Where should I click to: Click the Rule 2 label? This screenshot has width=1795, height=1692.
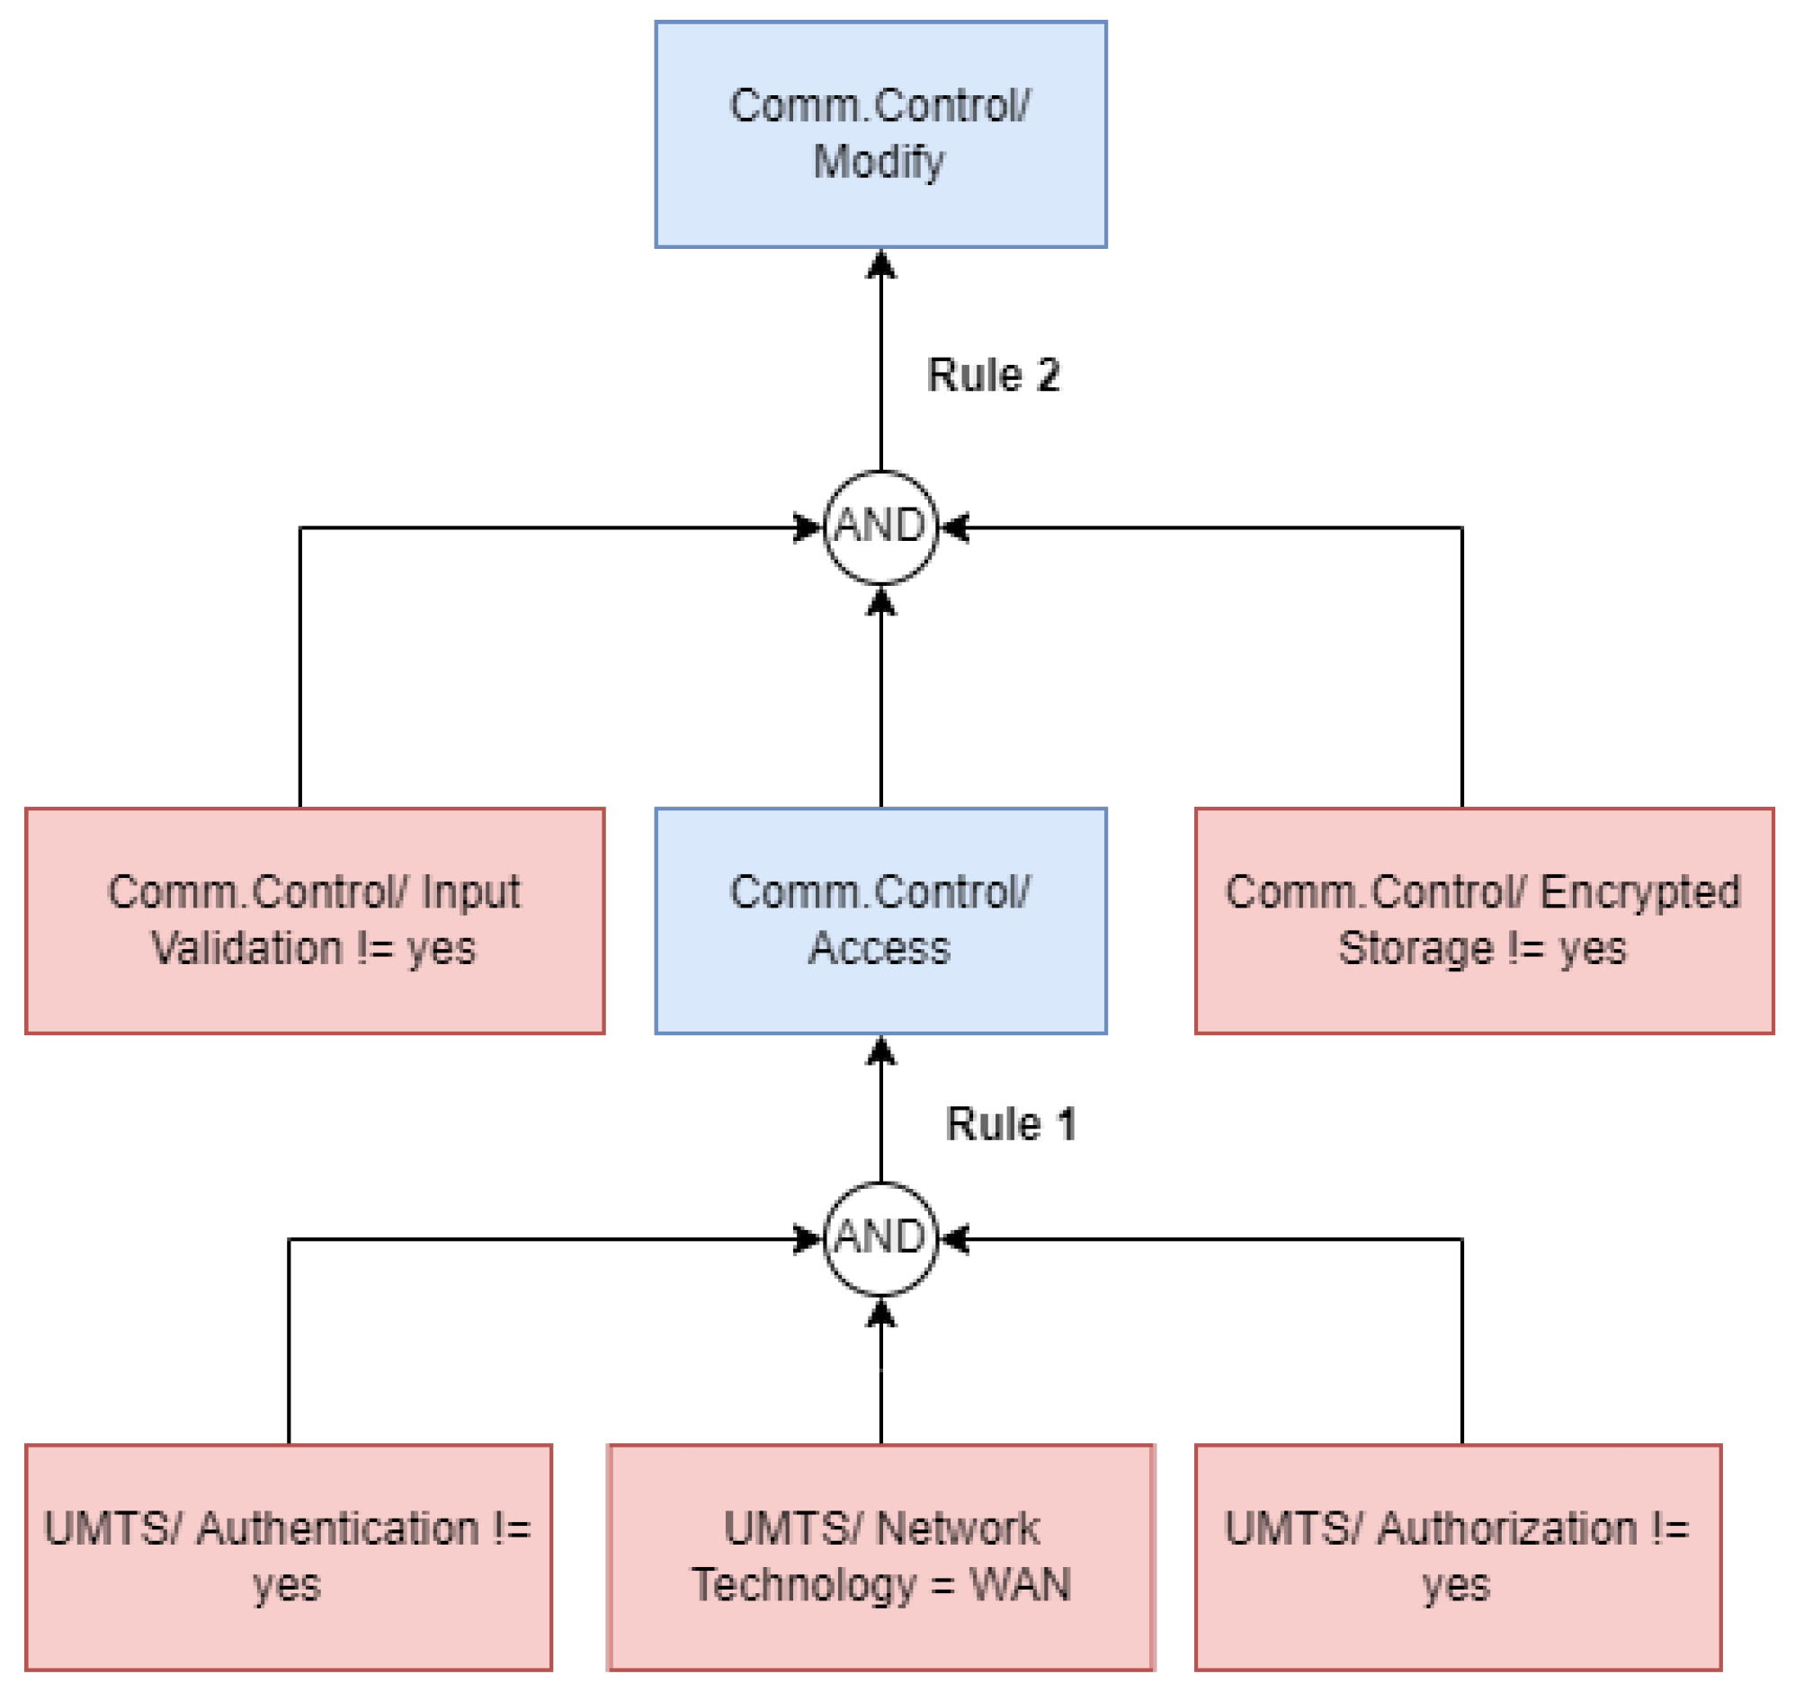tap(992, 375)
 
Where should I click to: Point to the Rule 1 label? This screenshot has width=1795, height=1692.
tap(1011, 1124)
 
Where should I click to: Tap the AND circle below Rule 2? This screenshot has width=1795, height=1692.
tap(880, 527)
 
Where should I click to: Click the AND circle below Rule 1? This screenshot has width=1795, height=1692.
tap(880, 1238)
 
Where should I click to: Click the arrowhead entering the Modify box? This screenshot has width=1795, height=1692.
tap(880, 263)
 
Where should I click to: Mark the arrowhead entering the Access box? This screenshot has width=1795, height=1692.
tap(880, 1050)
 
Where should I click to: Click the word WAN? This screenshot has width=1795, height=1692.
tap(1020, 1585)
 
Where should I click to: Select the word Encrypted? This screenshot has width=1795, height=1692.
tap(1639, 892)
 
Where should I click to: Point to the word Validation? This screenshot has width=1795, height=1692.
tap(246, 948)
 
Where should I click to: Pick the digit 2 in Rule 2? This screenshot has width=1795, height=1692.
tap(1048, 375)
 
